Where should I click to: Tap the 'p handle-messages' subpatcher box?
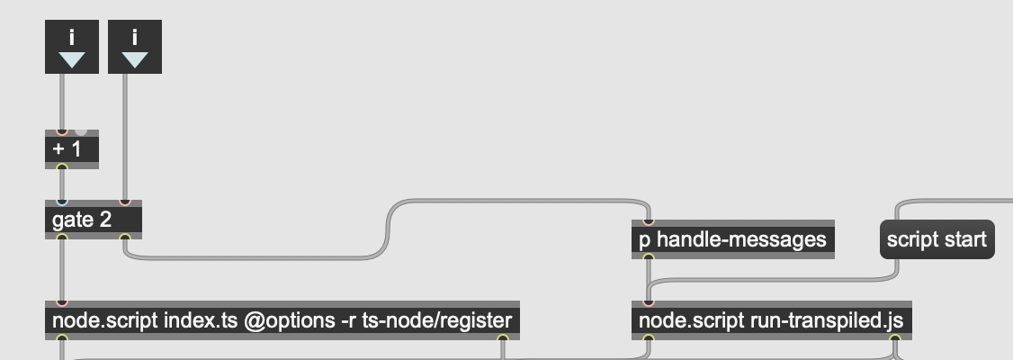(x=732, y=239)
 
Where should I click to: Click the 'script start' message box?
(x=937, y=239)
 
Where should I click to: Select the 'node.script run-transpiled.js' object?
(x=771, y=320)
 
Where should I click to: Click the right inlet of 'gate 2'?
(x=125, y=202)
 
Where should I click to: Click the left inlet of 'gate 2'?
(x=62, y=202)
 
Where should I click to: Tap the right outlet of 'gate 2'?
(x=125, y=238)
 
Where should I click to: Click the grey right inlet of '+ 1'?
(x=81, y=132)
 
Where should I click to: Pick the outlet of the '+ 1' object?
(x=62, y=167)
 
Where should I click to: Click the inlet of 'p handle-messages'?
(x=649, y=221)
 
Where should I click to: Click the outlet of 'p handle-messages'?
(x=649, y=257)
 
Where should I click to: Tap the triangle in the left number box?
(x=72, y=60)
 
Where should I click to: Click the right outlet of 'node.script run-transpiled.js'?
(x=895, y=338)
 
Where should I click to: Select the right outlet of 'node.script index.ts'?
(x=503, y=338)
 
